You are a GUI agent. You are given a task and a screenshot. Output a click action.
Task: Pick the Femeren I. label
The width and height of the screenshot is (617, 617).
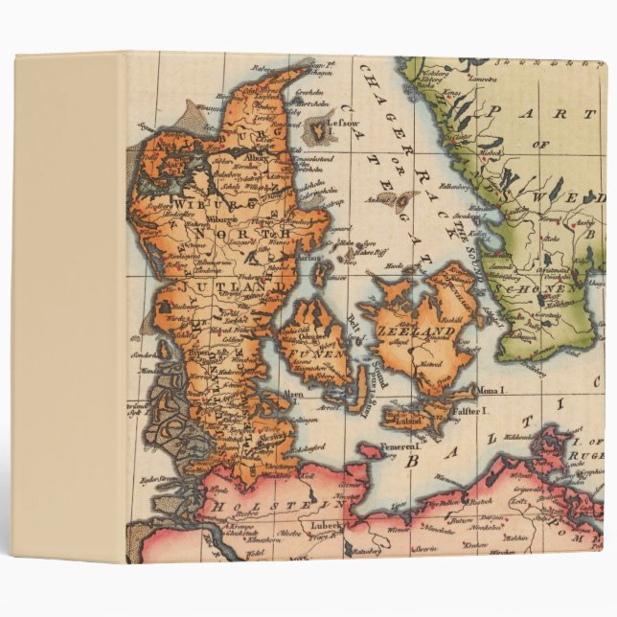point(400,446)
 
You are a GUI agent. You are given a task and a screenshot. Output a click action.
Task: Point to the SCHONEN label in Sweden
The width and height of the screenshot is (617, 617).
point(547,286)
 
